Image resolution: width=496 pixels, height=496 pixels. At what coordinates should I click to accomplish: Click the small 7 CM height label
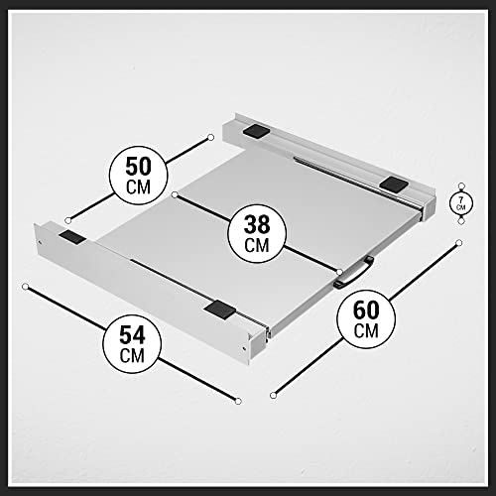point(458,203)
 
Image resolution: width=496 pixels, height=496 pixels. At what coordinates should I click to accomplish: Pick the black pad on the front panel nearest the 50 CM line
point(72,238)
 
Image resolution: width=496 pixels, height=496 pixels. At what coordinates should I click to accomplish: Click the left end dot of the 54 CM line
point(24,287)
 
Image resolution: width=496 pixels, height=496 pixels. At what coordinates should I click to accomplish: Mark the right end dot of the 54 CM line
point(238,400)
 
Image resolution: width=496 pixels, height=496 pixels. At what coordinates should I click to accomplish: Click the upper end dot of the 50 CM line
point(211,135)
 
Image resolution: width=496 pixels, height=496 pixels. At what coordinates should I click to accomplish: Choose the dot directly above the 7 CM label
point(458,184)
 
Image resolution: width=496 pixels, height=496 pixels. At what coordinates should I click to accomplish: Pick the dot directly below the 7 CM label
point(458,223)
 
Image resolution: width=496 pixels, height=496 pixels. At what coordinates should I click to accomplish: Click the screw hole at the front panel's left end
point(39,243)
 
